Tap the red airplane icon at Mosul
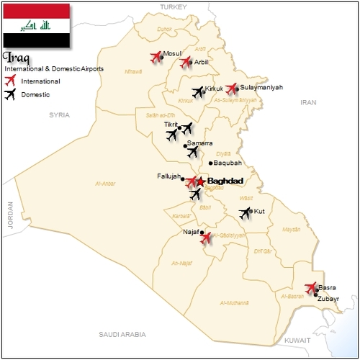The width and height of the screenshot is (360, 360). (156, 57)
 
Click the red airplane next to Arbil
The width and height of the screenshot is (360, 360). (186, 63)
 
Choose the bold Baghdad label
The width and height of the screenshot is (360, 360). (225, 181)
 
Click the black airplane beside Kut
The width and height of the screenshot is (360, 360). (246, 212)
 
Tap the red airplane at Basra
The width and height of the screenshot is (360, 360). (311, 288)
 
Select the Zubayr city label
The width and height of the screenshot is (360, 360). (328, 297)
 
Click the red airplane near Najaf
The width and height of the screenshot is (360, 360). (207, 238)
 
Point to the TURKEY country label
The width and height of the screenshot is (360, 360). (173, 6)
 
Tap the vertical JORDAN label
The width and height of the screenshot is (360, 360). (11, 214)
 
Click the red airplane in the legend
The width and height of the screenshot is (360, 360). (11, 81)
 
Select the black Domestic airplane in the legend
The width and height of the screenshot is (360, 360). (11, 94)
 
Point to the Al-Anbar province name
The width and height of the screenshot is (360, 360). (106, 184)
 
